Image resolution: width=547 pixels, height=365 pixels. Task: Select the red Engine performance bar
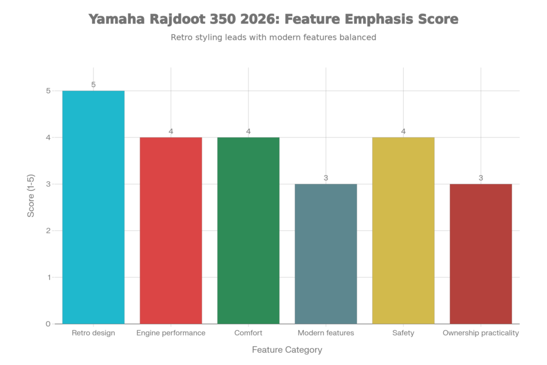[x=171, y=230]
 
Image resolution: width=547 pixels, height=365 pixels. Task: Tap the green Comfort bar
[x=248, y=230]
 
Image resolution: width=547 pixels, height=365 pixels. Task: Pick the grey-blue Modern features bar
[x=326, y=254]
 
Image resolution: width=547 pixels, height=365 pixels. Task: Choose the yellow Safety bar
[x=403, y=230]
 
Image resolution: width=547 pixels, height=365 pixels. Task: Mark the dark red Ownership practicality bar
[x=481, y=254]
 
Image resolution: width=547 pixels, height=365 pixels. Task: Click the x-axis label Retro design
[x=93, y=333]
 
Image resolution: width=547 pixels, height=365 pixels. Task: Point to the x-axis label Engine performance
[x=171, y=333]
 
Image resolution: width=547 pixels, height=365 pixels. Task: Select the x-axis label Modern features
[x=326, y=333]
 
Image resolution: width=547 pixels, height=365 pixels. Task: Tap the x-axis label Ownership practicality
[x=481, y=333]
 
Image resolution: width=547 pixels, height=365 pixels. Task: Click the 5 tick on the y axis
[x=48, y=91]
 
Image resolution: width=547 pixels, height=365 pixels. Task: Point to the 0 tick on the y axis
[x=48, y=324]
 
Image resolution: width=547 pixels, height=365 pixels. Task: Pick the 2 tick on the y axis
[x=48, y=231]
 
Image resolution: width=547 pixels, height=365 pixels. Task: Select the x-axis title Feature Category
[x=287, y=350]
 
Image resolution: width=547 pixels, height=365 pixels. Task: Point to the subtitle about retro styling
[x=273, y=38]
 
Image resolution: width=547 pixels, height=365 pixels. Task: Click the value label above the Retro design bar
[x=93, y=84]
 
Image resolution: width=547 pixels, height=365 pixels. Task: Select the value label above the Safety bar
[x=403, y=131]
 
